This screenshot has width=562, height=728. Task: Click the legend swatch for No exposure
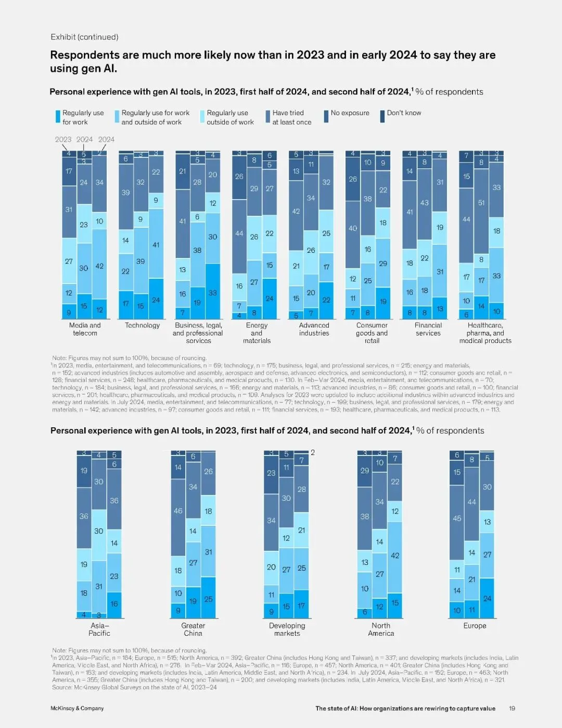tap(326, 116)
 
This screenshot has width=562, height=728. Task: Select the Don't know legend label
tap(404, 113)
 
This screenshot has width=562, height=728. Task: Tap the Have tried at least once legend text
tap(291, 117)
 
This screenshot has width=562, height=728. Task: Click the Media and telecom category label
tap(85, 329)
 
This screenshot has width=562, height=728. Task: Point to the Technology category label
tap(142, 325)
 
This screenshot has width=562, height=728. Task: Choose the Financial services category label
tap(428, 329)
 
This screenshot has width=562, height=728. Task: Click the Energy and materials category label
tap(257, 332)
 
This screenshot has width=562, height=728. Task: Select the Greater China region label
tap(193, 629)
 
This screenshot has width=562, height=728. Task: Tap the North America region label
tap(381, 629)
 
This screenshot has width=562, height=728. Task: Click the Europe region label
tap(475, 625)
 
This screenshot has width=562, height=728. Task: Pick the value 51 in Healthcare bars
tap(481, 203)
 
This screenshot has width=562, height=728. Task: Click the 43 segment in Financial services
tap(425, 203)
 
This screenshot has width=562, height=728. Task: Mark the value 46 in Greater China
tap(178, 511)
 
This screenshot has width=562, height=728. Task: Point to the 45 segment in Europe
tap(457, 519)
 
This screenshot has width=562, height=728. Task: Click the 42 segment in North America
tap(395, 556)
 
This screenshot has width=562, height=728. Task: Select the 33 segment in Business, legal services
tap(213, 293)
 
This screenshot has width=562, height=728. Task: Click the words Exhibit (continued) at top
tap(84, 37)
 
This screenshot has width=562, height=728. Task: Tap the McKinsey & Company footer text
tap(77, 708)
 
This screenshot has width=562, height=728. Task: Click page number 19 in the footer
tap(512, 708)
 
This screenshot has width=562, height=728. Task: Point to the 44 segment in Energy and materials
tap(239, 233)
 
